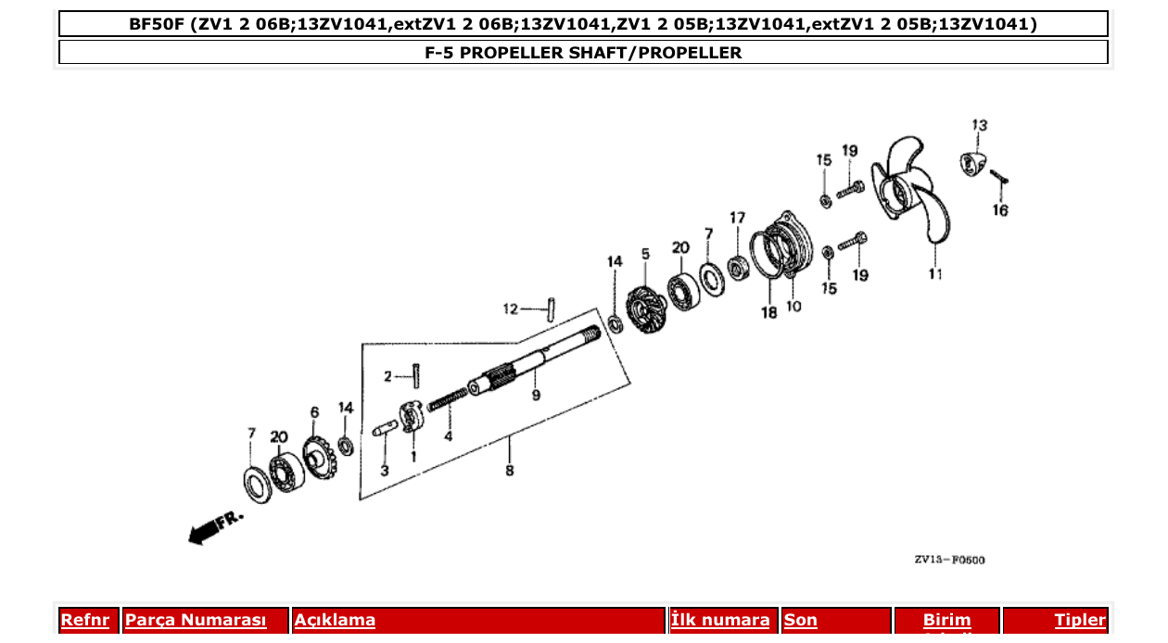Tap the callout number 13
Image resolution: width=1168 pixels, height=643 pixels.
click(x=979, y=125)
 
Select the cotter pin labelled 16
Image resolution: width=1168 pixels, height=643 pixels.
click(x=998, y=176)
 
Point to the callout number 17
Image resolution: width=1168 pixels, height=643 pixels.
click(x=737, y=219)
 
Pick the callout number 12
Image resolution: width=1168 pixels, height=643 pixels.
click(x=510, y=309)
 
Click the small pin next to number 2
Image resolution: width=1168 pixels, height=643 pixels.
click(x=418, y=375)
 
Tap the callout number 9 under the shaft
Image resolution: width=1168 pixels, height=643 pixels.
click(x=535, y=396)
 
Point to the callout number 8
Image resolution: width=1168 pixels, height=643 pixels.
click(x=509, y=471)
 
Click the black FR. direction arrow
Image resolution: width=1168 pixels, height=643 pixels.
click(x=202, y=531)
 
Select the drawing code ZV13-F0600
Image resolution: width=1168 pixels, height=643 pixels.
click(x=948, y=560)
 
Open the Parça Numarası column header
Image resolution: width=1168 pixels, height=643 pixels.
click(x=196, y=620)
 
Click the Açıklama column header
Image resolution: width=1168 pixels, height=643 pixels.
click(x=335, y=620)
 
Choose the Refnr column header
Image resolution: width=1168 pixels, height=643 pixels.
click(x=84, y=620)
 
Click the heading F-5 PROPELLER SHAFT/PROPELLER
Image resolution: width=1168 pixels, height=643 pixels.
click(x=583, y=53)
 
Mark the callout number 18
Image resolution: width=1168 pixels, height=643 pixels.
click(x=768, y=313)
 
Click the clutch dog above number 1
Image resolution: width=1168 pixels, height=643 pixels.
click(x=412, y=416)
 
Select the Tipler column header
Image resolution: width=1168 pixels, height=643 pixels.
click(x=1079, y=620)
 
